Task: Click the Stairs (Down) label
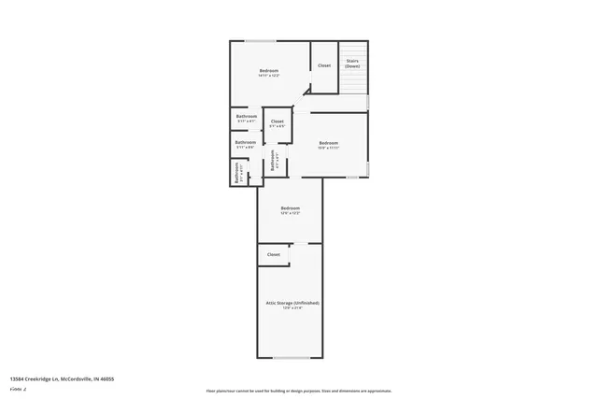pyautogui.click(x=352, y=64)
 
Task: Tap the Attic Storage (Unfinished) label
pyautogui.click(x=292, y=304)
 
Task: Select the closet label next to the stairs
pyautogui.click(x=323, y=65)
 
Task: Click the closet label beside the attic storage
pyautogui.click(x=274, y=254)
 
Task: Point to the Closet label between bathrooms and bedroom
pyautogui.click(x=278, y=122)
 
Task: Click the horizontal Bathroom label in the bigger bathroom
pyautogui.click(x=246, y=143)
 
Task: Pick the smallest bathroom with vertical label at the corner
pyautogui.click(x=237, y=173)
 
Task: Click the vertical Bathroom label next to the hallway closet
pyautogui.click(x=273, y=160)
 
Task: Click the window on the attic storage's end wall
pyautogui.click(x=291, y=358)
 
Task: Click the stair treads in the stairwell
pyautogui.click(x=352, y=80)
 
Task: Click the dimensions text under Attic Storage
pyautogui.click(x=292, y=308)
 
